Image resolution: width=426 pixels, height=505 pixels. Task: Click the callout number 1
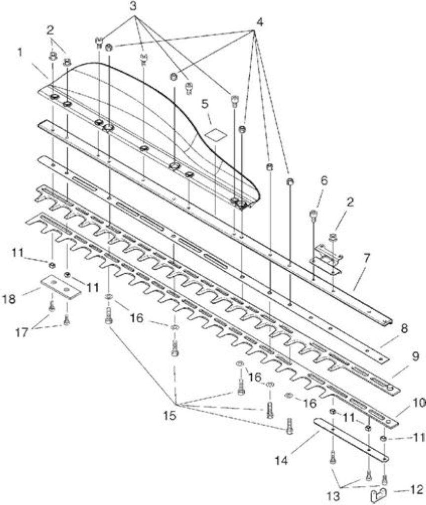tap(20, 52)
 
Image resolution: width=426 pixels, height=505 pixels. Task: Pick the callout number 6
tap(324, 180)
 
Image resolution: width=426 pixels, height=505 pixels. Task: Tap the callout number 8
tap(404, 328)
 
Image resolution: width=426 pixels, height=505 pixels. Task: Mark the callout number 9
tap(415, 357)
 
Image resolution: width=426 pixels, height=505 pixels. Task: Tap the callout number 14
tap(281, 460)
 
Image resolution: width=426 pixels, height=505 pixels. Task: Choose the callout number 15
tap(170, 416)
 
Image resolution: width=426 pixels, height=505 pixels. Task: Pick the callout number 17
tap(22, 332)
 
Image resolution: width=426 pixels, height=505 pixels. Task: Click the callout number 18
tap(9, 299)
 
